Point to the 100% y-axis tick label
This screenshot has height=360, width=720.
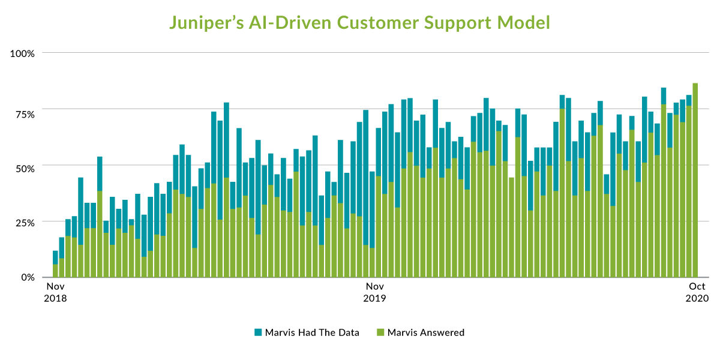tap(23, 53)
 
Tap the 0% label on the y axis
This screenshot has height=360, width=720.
tap(28, 277)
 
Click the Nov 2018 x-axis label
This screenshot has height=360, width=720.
tap(56, 292)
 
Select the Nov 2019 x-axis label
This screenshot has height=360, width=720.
tap(376, 292)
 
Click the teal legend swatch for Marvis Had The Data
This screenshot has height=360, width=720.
tap(259, 332)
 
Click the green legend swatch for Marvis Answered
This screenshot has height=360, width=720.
tap(380, 332)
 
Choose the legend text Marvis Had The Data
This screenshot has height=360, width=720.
tap(312, 332)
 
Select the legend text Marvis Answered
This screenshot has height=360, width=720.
tap(426, 332)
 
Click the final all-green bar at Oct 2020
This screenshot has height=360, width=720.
tap(695, 180)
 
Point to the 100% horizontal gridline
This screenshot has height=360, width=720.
tap(360, 53)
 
